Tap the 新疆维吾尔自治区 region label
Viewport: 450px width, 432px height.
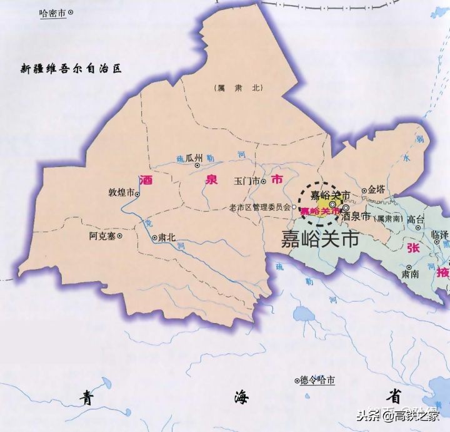(x=70, y=68)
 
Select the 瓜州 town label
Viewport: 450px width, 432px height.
(x=194, y=158)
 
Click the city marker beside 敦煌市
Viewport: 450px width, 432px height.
(x=137, y=194)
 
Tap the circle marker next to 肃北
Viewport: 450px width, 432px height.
(x=154, y=238)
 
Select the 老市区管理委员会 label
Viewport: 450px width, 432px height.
(x=259, y=207)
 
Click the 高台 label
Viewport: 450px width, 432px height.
(x=415, y=219)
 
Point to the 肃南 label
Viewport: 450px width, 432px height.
(x=410, y=274)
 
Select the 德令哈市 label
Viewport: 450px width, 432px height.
(x=318, y=380)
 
